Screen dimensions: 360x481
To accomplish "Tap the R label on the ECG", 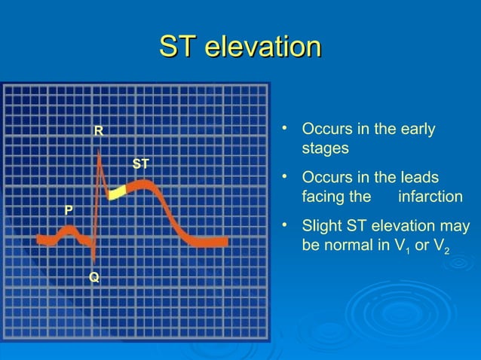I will coord(98,132).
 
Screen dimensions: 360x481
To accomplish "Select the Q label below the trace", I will coord(93,278).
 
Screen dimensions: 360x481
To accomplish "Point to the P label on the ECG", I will coord(69,209).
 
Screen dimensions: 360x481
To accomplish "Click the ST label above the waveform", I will coord(141,163).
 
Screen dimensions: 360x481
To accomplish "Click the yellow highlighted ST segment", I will coord(117,194).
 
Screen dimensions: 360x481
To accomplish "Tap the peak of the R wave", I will coord(100,151).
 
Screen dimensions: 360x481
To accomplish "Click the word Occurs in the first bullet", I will coord(323,129).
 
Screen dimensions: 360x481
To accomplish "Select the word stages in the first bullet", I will coord(325,148).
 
